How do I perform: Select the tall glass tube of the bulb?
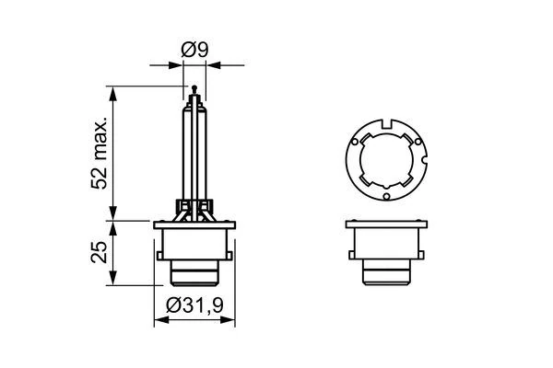[194, 147]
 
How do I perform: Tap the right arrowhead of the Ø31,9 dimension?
[234, 318]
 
